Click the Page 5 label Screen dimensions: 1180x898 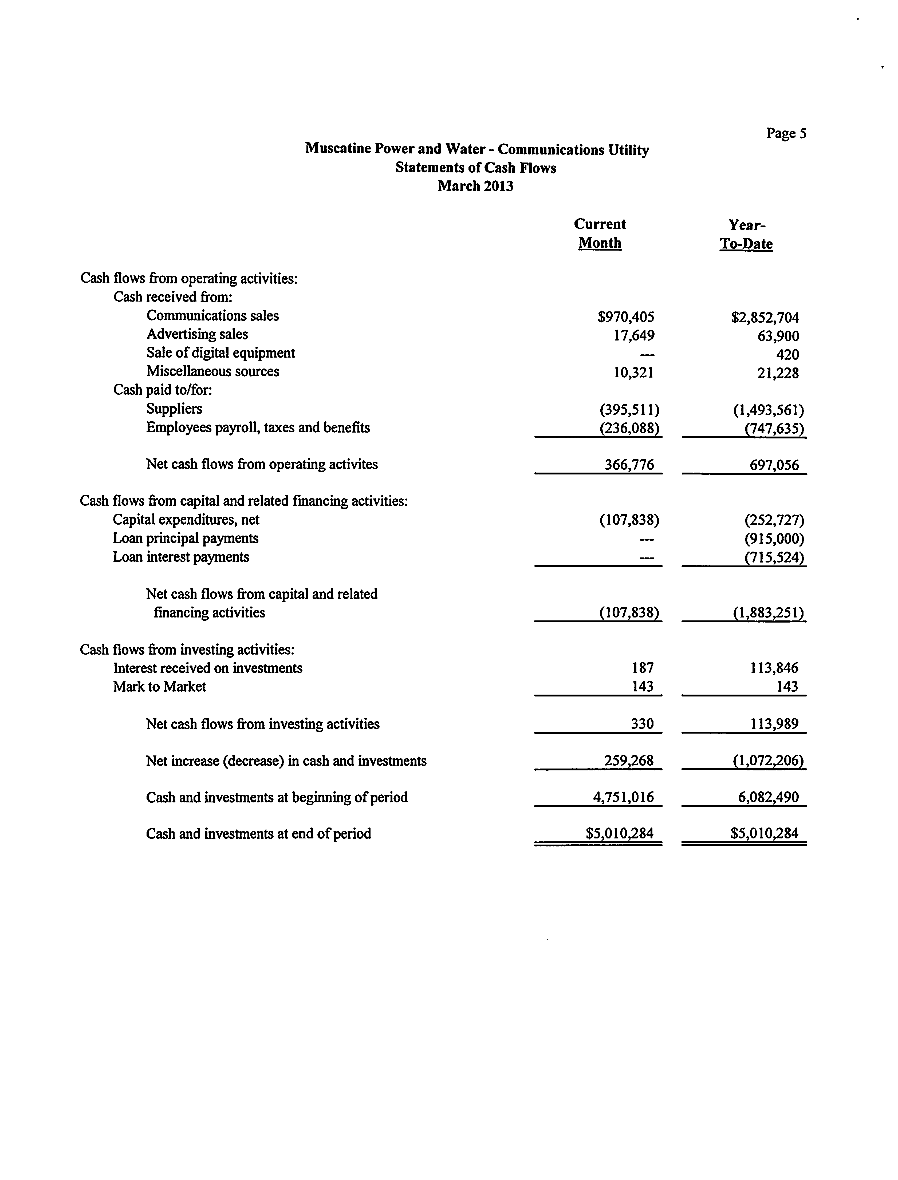click(x=786, y=133)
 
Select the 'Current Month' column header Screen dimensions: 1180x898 click(x=600, y=233)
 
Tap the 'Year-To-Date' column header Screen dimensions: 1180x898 click(x=746, y=234)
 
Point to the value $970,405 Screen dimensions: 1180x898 click(x=626, y=317)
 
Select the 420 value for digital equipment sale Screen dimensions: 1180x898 click(x=787, y=355)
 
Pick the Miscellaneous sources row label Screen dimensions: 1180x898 click(x=213, y=371)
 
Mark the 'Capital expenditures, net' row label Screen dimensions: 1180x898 click(x=186, y=519)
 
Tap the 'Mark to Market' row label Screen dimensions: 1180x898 click(x=159, y=686)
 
